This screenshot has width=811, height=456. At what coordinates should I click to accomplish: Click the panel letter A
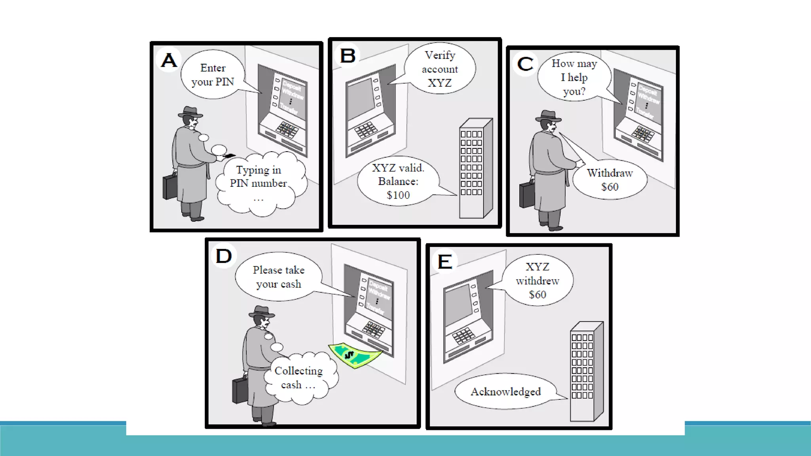(x=169, y=60)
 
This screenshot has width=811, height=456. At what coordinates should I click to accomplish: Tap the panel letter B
(x=348, y=55)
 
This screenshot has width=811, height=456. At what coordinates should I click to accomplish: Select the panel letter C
(x=525, y=64)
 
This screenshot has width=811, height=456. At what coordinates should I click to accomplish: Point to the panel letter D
(x=224, y=256)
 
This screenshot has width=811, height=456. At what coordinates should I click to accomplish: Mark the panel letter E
(x=445, y=262)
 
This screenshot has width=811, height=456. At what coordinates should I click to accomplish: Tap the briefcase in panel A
(x=170, y=186)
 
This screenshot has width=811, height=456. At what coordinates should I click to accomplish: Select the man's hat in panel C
(x=548, y=116)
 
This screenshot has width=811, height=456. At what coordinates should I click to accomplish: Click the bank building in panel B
(x=475, y=168)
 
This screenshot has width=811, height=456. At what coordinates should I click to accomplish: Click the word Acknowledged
(x=506, y=391)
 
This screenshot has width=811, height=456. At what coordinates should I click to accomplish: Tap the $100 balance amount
(x=398, y=195)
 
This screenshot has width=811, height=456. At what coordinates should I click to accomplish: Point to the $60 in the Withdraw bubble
(x=610, y=187)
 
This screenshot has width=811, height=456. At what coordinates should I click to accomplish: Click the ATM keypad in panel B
(x=366, y=130)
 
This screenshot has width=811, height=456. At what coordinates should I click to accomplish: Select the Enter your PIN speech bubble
(x=213, y=75)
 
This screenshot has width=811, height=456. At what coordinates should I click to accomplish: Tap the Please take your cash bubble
(x=279, y=277)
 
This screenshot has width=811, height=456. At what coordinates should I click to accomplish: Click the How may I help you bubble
(x=574, y=78)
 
